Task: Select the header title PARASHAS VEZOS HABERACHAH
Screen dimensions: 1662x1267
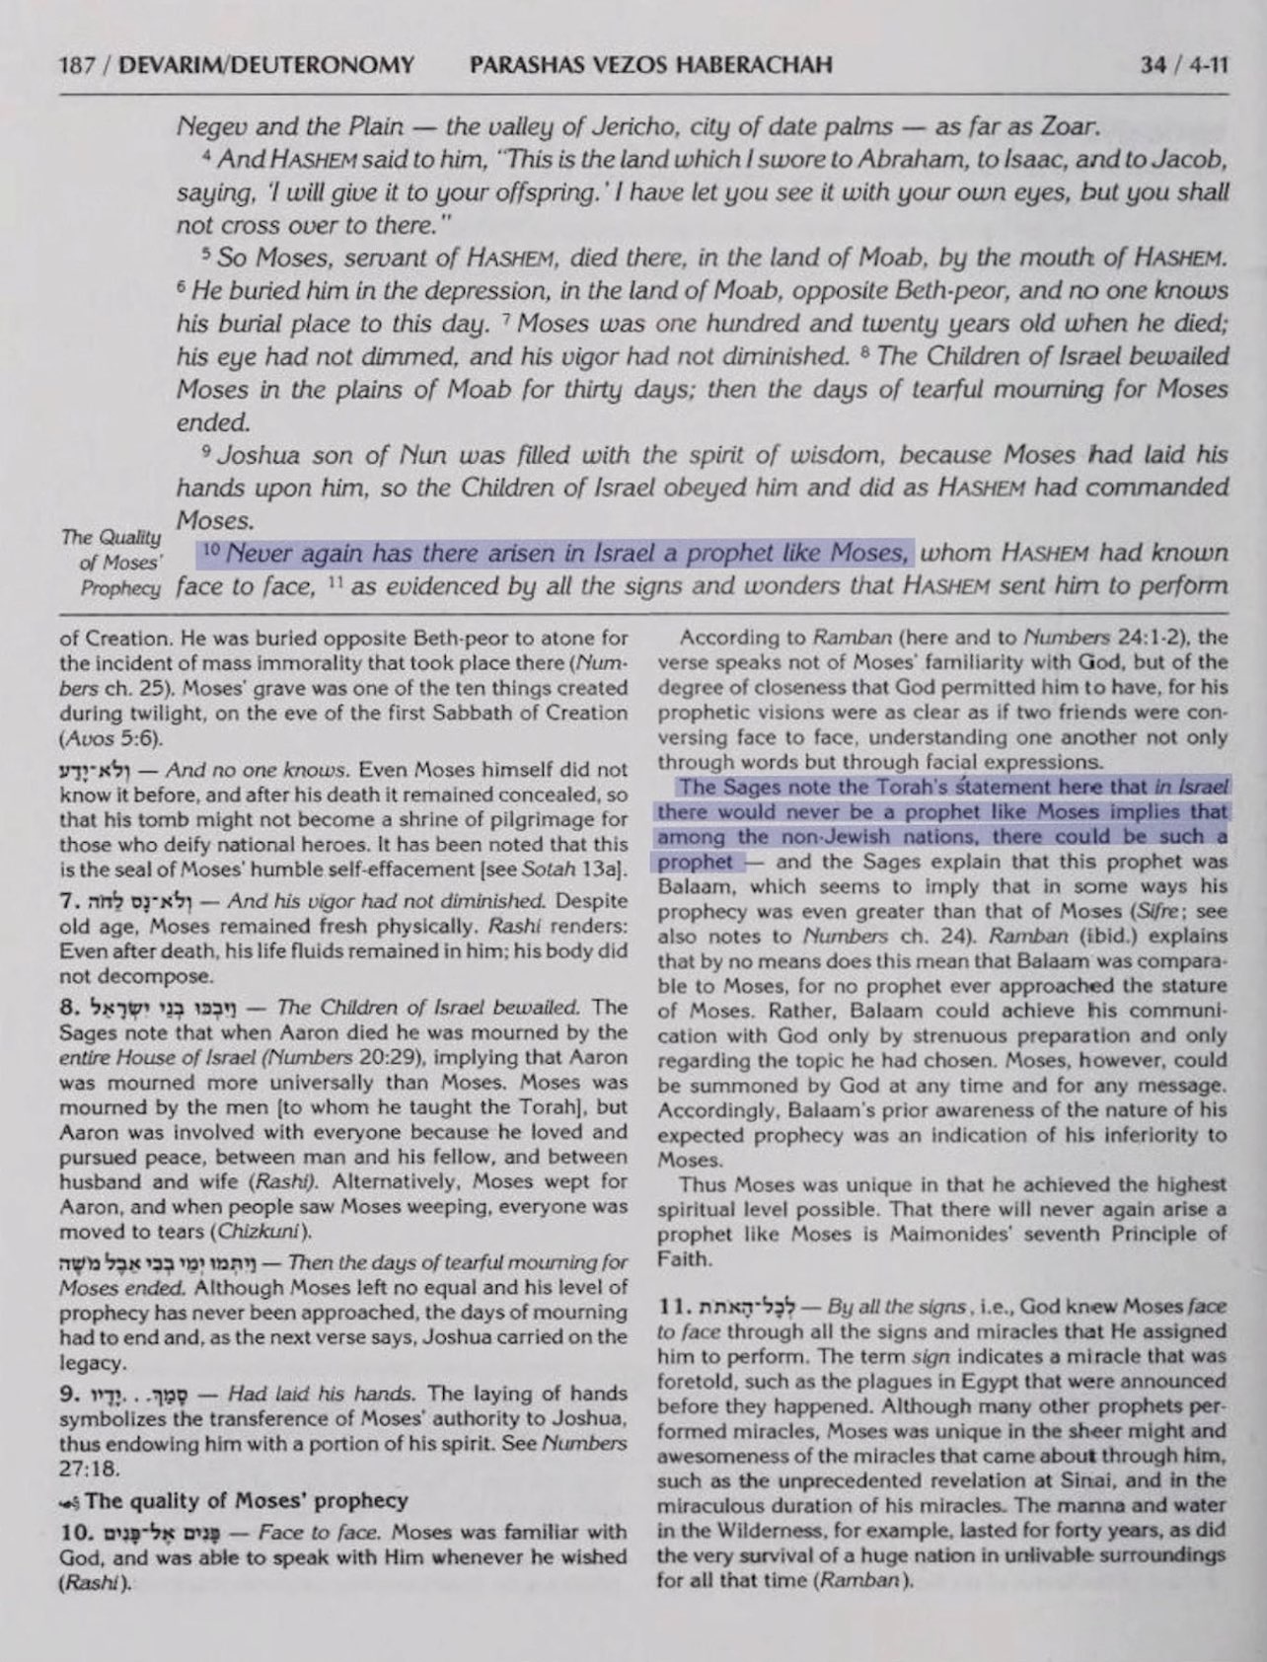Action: (x=651, y=65)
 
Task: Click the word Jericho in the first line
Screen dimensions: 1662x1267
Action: (x=632, y=126)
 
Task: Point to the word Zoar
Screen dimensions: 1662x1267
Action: (x=1065, y=126)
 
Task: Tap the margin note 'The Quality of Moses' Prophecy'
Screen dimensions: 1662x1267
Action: (x=111, y=563)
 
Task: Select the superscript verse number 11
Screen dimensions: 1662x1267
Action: (x=334, y=582)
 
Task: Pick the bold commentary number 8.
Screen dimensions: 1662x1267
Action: (x=67, y=1009)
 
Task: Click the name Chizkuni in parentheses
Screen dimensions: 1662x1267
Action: (x=264, y=1232)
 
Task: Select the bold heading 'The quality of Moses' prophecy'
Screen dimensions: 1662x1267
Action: (x=247, y=1501)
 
